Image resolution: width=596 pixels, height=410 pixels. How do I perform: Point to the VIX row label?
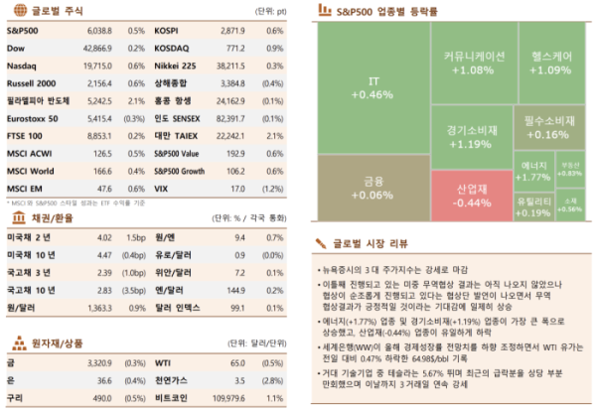click(x=163, y=187)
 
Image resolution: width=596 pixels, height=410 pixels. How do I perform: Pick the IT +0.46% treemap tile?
click(x=372, y=86)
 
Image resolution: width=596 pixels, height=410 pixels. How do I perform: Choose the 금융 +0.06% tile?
click(x=372, y=188)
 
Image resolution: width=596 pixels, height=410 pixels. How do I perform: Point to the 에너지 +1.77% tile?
click(x=534, y=170)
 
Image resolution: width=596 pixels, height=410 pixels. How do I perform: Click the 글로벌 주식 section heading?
click(x=42, y=13)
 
